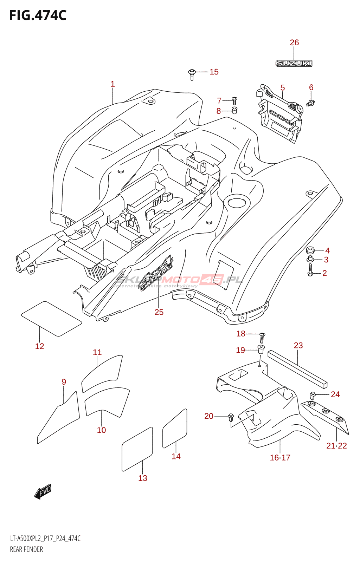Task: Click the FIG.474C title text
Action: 38,15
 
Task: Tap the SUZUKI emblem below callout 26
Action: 294,64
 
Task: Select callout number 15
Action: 214,72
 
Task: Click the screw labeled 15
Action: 192,74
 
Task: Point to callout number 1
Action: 112,84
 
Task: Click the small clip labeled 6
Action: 311,103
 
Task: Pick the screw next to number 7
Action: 235,100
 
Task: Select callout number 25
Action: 159,312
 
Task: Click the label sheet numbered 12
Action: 51,318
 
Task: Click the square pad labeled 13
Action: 137,449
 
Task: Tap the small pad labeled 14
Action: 175,429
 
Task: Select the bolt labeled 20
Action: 231,417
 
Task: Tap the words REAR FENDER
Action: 26,549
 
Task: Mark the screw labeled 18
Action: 262,338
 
